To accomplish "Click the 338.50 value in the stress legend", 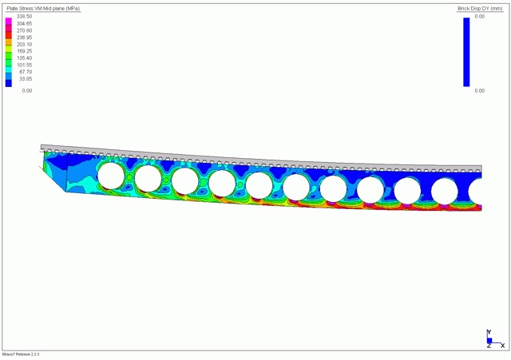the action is point(25,16).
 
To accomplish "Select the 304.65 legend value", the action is point(25,23).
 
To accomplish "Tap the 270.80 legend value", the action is point(25,30).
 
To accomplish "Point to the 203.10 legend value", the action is point(25,45).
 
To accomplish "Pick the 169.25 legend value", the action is point(25,51).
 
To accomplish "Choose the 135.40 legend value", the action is point(25,58).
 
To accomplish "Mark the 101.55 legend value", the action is point(25,65).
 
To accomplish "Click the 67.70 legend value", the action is point(26,72).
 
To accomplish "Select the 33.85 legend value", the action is point(26,79).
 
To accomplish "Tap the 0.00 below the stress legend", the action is point(27,90).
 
